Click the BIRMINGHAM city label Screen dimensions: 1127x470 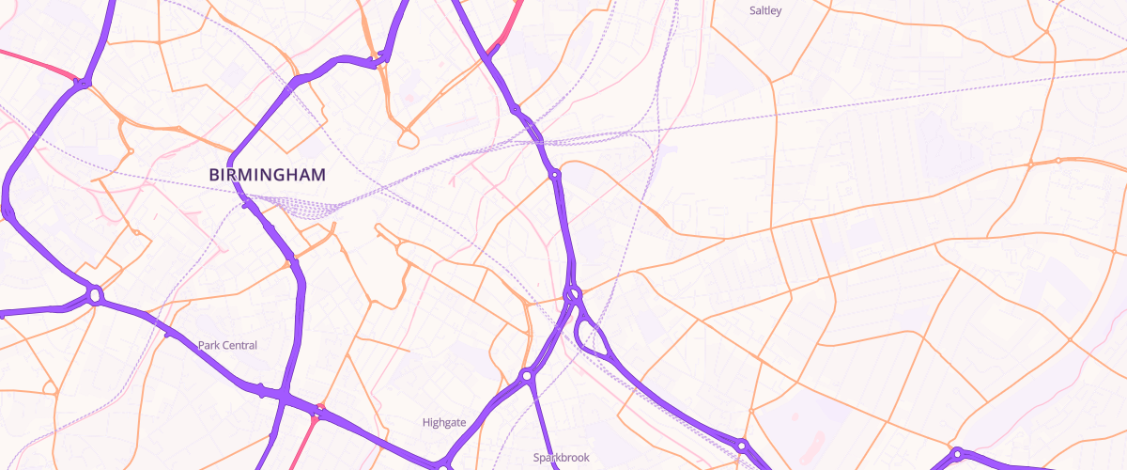268,175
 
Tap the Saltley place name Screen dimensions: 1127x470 765,11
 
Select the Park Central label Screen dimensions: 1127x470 227,346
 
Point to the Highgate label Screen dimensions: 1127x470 444,423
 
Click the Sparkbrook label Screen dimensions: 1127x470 561,458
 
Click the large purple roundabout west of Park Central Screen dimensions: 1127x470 95,296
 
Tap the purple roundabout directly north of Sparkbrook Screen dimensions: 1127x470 528,376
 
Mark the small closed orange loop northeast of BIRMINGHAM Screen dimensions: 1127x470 408,139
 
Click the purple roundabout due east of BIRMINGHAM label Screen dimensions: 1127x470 555,175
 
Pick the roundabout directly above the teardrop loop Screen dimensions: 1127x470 572,295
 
